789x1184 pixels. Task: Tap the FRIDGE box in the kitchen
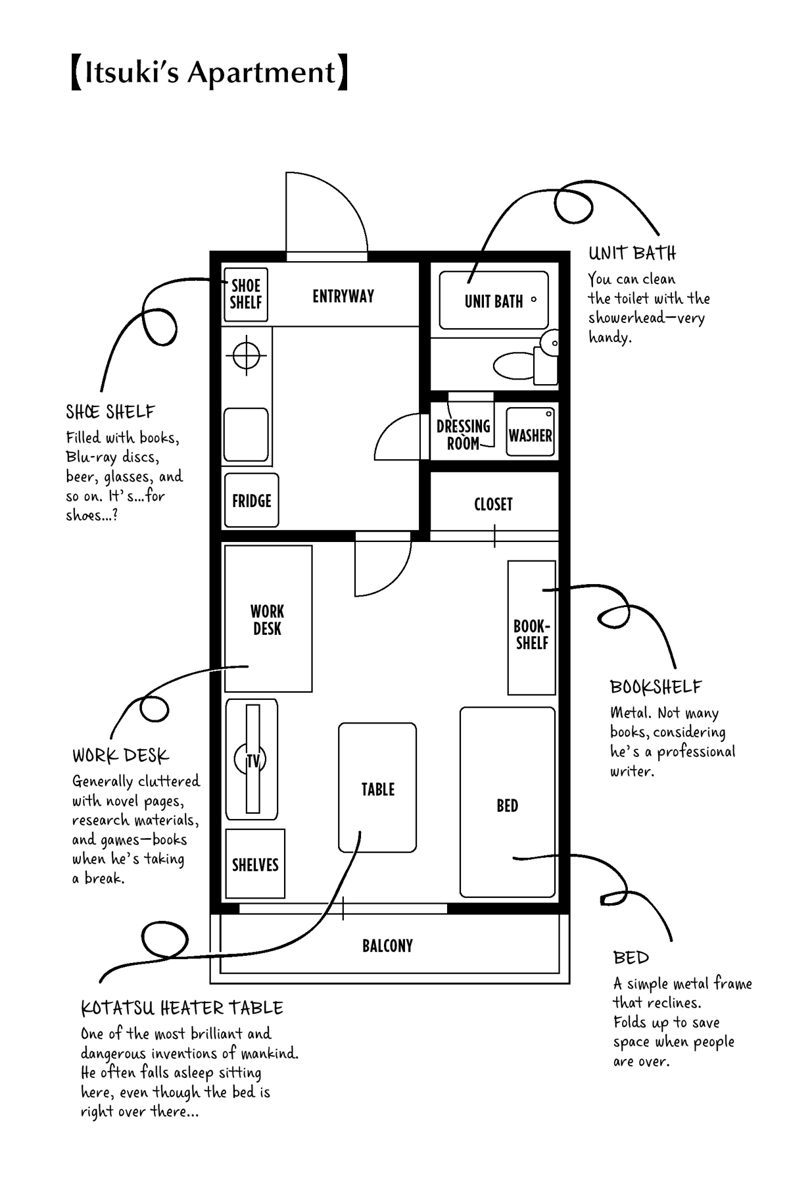pyautogui.click(x=251, y=501)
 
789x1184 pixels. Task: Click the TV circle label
pyautogui.click(x=252, y=760)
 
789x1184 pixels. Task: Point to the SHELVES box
pyautogui.click(x=255, y=864)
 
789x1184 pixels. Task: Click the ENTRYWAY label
pyautogui.click(x=343, y=296)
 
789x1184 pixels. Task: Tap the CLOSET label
pyautogui.click(x=493, y=505)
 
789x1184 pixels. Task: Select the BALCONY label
pyautogui.click(x=387, y=946)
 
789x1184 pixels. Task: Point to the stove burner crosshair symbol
pyautogui.click(x=247, y=355)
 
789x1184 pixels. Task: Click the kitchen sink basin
pyautogui.click(x=246, y=434)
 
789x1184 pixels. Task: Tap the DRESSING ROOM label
pyautogui.click(x=464, y=435)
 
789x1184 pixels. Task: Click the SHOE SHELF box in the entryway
pyautogui.click(x=246, y=294)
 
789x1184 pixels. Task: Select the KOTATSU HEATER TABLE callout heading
pyautogui.click(x=182, y=1008)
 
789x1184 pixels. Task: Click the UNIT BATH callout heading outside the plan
pyautogui.click(x=632, y=253)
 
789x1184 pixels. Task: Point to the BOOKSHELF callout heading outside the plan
pyautogui.click(x=656, y=687)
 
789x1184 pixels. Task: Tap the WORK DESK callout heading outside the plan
pyautogui.click(x=121, y=755)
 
